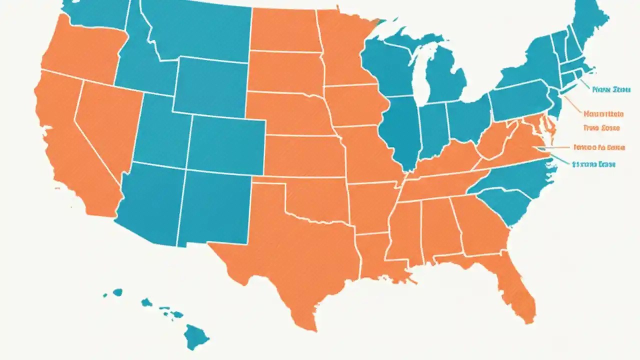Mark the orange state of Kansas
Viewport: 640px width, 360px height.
300,155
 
